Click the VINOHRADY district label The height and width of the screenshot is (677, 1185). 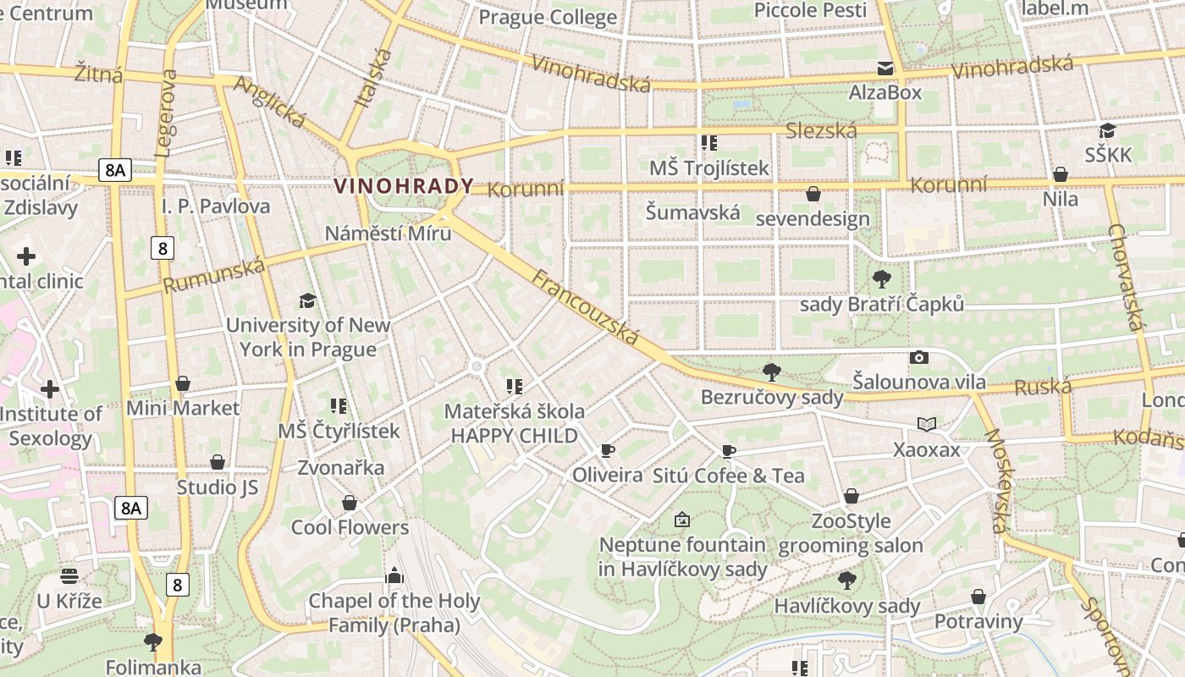pyautogui.click(x=404, y=186)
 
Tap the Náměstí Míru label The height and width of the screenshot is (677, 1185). pyautogui.click(x=389, y=234)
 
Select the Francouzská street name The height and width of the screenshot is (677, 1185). pyautogui.click(x=585, y=306)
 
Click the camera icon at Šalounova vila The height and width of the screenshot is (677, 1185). pyautogui.click(x=918, y=358)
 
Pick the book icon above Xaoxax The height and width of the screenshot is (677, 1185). pyautogui.click(x=927, y=424)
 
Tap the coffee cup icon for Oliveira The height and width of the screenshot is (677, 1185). pyautogui.click(x=607, y=450)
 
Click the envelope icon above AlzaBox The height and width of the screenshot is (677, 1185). pyautogui.click(x=885, y=68)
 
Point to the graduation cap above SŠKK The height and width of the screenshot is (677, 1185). pyautogui.click(x=1107, y=130)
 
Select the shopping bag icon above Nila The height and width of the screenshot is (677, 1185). pyautogui.click(x=1060, y=174)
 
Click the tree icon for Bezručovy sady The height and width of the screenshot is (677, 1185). pyautogui.click(x=771, y=372)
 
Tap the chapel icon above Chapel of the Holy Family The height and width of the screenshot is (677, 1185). pyautogui.click(x=394, y=576)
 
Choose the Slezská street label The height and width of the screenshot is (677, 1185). pyautogui.click(x=821, y=130)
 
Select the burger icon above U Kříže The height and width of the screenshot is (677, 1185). pyautogui.click(x=69, y=576)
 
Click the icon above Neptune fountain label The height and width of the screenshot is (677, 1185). pyautogui.click(x=681, y=520)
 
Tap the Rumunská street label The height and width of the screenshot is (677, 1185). pyautogui.click(x=213, y=276)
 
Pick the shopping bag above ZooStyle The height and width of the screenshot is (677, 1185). pyautogui.click(x=851, y=496)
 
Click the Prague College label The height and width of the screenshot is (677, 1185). pyautogui.click(x=548, y=17)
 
